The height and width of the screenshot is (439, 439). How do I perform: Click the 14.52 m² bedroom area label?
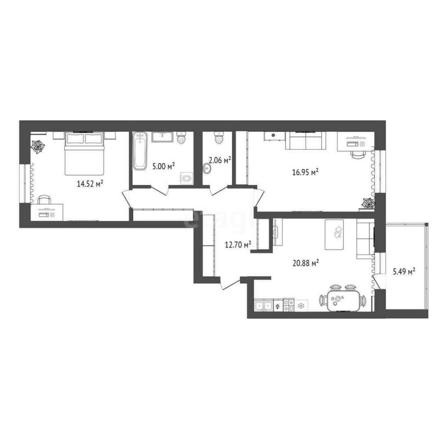(91, 184)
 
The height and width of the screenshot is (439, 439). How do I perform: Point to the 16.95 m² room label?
(306, 172)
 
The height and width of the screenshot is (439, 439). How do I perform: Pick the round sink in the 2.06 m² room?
(207, 168)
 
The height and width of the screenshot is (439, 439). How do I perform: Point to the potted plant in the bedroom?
(38, 147)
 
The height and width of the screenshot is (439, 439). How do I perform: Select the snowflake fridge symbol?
(301, 305)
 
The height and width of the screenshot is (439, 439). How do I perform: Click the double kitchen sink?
(263, 305)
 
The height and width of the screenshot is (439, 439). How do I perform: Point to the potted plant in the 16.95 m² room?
(367, 204)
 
